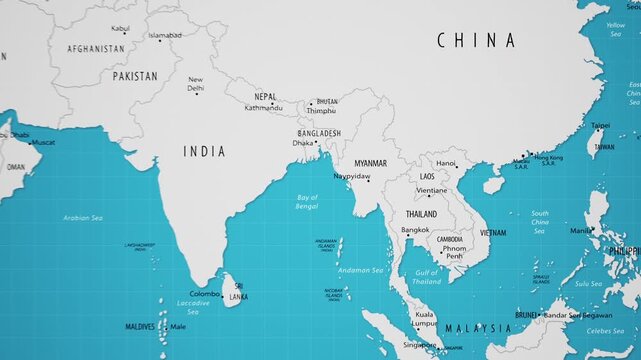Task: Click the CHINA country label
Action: click(x=476, y=41)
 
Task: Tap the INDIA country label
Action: click(x=204, y=151)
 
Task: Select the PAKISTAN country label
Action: click(x=135, y=76)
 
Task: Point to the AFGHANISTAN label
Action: click(x=96, y=48)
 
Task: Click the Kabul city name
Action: click(x=120, y=28)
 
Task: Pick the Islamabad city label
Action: click(x=165, y=36)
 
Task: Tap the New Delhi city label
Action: click(x=196, y=84)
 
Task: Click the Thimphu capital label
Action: click(x=322, y=110)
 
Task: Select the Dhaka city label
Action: click(x=302, y=143)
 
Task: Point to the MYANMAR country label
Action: click(x=370, y=162)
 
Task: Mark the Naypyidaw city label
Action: click(x=351, y=176)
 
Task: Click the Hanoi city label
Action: click(x=446, y=163)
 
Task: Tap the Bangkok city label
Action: click(x=415, y=230)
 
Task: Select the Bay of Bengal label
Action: click(x=307, y=202)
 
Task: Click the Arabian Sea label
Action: click(x=83, y=217)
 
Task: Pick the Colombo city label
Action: click(x=204, y=294)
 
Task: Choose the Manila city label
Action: click(x=580, y=230)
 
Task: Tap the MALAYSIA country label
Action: click(x=478, y=328)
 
